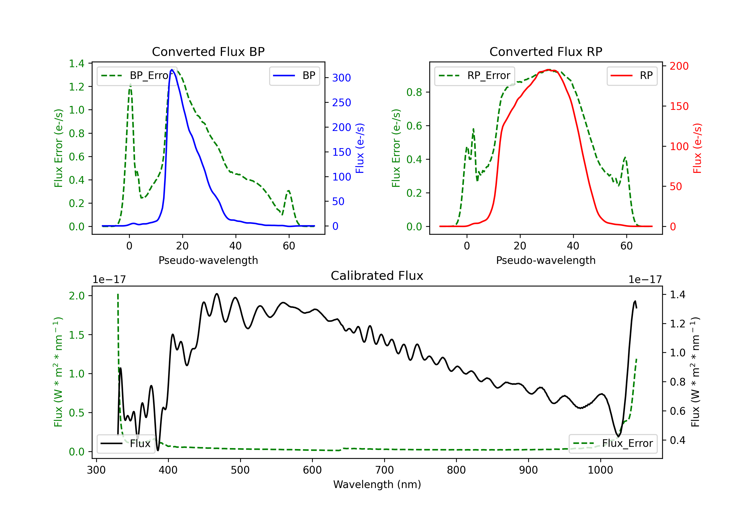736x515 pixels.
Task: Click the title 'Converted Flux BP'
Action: (x=208, y=51)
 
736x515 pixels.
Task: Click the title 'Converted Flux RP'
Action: (x=546, y=51)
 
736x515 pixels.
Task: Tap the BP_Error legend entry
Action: (x=137, y=76)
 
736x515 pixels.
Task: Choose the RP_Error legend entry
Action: (x=475, y=76)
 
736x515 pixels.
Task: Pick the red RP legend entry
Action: (x=632, y=76)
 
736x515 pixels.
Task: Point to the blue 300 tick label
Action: (x=342, y=78)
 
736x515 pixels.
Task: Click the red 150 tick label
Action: (x=679, y=106)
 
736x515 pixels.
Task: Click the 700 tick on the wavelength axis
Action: (x=384, y=470)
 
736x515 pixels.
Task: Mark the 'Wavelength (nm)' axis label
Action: (x=377, y=484)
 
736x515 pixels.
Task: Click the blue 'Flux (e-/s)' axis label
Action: (x=360, y=148)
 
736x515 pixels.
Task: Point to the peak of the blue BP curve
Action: (x=172, y=70)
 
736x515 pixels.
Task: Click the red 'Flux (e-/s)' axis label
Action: (x=697, y=148)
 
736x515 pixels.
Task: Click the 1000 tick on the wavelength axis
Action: (x=600, y=470)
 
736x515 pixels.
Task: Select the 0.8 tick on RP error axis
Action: (x=414, y=92)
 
